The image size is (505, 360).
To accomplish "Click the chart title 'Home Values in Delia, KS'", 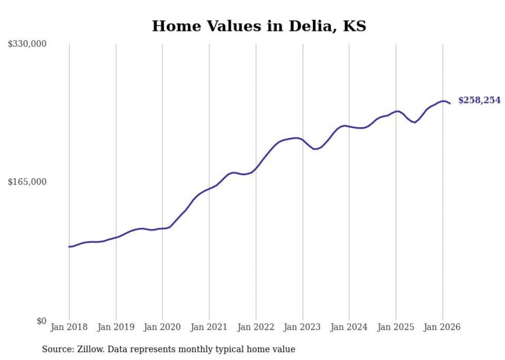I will pos(259,26).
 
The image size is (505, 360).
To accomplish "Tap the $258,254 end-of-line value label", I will pos(479,100).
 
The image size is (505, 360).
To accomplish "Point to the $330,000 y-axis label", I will pos(27,44).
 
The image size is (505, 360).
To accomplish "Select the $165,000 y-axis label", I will pos(27,182).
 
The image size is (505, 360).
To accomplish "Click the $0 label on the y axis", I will pos(41,321).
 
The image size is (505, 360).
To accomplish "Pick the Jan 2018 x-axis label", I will pos(69,327).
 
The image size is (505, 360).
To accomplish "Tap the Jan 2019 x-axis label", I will pos(116,327).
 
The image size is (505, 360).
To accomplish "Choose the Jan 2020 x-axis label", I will pos(162,327).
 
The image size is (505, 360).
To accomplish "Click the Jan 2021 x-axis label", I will pos(209,327).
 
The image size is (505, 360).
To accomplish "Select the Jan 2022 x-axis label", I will pos(256,327).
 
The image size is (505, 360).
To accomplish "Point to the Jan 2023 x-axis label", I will pos(302,327).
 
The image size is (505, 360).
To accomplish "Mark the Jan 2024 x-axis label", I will pos(349,327).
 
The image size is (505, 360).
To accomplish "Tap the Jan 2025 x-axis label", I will pos(396,327).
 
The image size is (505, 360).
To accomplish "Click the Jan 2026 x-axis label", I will pos(443,327).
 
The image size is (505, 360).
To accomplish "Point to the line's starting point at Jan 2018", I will pos(69,247).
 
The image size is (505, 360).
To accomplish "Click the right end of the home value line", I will pos(450,104).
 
